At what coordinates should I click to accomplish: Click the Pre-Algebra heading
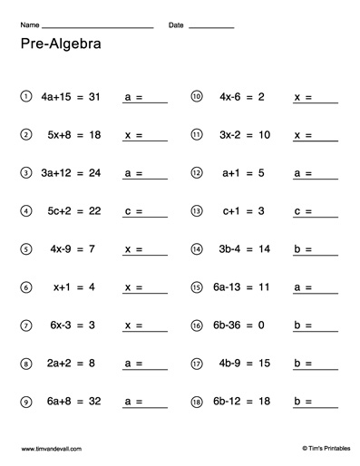pos(60,44)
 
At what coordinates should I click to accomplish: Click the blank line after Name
pos(98,27)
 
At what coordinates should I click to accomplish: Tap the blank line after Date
pos(211,27)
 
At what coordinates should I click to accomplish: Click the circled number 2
pos(26,134)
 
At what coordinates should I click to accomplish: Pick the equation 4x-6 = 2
pos(242,96)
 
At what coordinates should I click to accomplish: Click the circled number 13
pos(196,210)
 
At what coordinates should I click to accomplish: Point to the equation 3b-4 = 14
pos(242,248)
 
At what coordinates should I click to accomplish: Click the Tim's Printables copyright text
pos(311,448)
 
